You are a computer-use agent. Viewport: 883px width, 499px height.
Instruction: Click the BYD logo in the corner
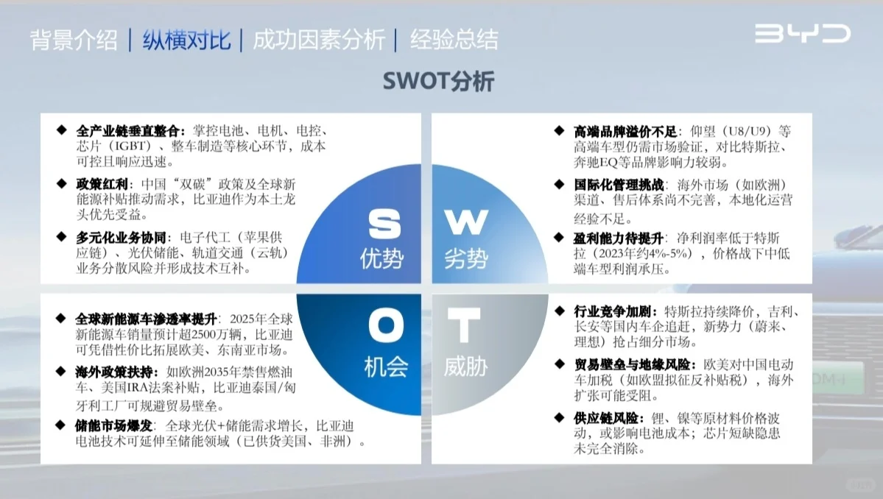(x=802, y=34)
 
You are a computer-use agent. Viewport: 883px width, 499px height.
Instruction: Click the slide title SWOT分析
(x=438, y=81)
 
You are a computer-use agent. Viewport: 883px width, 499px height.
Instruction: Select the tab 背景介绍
(x=74, y=40)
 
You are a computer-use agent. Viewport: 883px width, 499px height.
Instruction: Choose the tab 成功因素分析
(x=318, y=40)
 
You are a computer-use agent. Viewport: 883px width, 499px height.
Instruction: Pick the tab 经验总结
(x=454, y=40)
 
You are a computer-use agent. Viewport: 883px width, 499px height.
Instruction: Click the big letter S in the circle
(x=385, y=224)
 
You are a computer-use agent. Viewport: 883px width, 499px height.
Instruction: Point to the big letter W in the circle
(x=466, y=222)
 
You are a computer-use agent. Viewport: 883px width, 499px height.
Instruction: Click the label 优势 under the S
(x=382, y=259)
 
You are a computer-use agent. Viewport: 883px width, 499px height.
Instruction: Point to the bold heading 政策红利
(x=102, y=184)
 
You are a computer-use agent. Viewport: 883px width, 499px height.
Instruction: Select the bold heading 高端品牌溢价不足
(x=625, y=132)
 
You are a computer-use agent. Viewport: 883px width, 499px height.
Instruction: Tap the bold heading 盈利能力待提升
(x=619, y=238)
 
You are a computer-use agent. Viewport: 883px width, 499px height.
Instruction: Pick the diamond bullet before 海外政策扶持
(x=61, y=372)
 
